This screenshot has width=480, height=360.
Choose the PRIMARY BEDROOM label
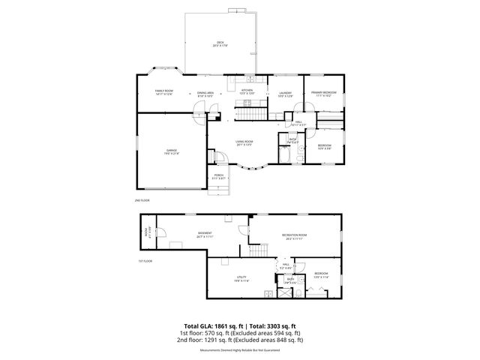(x=325, y=94)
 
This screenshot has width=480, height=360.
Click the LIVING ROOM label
(x=244, y=142)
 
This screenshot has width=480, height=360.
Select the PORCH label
(x=218, y=176)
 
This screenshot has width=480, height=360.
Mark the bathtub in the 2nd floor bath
(x=285, y=154)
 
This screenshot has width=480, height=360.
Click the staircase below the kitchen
(x=251, y=114)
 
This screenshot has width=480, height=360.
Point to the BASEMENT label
(x=205, y=234)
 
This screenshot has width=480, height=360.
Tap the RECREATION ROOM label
(x=292, y=237)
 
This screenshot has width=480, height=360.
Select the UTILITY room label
(x=241, y=279)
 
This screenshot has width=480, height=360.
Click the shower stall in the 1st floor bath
(x=286, y=292)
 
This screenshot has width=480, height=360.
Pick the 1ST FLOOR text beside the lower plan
(x=145, y=261)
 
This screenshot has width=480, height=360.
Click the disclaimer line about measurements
(x=240, y=349)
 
